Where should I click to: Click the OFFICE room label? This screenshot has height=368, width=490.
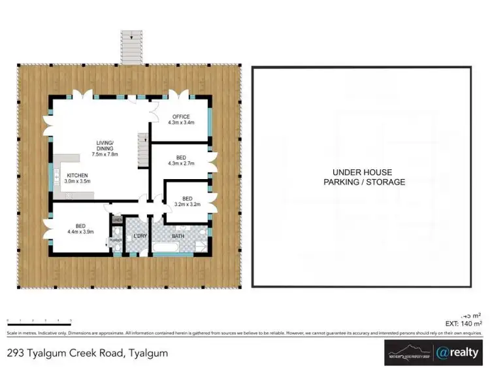tap(181, 117)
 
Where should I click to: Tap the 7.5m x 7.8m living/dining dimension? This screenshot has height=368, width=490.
tap(105, 154)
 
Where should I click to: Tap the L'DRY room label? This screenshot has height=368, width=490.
tap(139, 235)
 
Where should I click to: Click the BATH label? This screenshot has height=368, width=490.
tap(178, 235)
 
